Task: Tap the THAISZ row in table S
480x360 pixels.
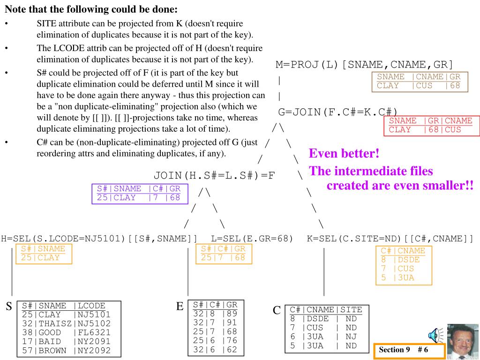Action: (x=66, y=323)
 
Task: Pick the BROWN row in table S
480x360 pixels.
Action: (x=66, y=350)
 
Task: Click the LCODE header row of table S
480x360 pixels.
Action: (x=66, y=306)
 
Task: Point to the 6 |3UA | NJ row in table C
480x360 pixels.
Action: (x=323, y=337)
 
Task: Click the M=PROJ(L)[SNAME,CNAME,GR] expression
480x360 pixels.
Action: (x=365, y=65)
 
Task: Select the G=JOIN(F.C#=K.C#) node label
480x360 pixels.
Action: (x=337, y=112)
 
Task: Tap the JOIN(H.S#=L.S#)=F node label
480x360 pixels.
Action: (x=214, y=176)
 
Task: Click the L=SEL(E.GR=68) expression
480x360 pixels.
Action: (x=252, y=238)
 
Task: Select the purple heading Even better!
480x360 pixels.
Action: (x=344, y=154)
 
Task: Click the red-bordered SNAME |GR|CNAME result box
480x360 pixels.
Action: (x=430, y=126)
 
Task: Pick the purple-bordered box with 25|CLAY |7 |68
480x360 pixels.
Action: (x=139, y=193)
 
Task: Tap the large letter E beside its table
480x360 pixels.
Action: (x=180, y=307)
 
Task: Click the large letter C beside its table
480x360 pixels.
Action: (x=277, y=310)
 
